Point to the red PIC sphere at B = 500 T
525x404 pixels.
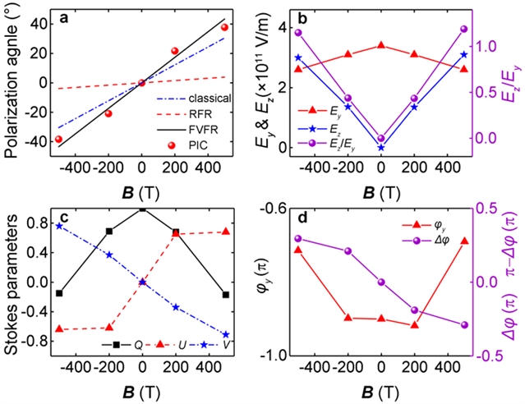point(224,27)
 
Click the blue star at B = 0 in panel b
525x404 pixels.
point(381,148)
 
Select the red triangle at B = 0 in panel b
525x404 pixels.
point(381,45)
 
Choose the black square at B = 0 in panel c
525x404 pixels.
point(142,209)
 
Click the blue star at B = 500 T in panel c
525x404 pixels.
point(224,335)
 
